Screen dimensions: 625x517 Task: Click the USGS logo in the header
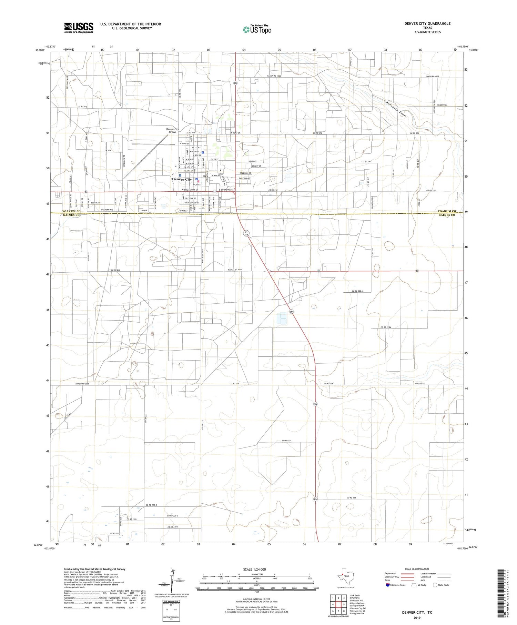(x=79, y=27)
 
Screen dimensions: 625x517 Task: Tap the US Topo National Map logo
(x=257, y=30)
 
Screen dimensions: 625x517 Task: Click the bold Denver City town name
(x=182, y=179)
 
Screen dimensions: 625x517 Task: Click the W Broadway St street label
(x=190, y=190)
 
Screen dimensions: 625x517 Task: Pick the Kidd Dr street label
(x=252, y=161)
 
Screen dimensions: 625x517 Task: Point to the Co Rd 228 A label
(x=357, y=291)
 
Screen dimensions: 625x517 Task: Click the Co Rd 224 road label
(x=287, y=441)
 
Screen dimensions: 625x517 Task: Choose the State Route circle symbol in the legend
(x=435, y=585)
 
